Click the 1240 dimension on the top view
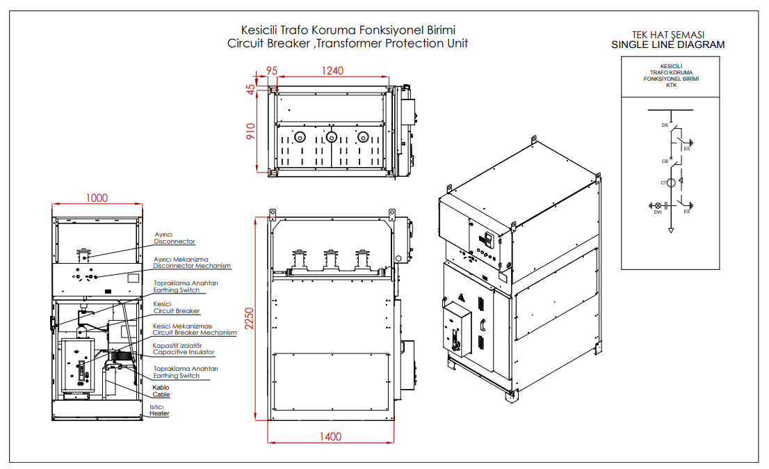tap(333, 70)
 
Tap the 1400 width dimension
tap(330, 436)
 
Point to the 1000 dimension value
tap(97, 198)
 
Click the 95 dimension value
tap(271, 70)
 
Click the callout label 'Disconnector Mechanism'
tap(192, 266)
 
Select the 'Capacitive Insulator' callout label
tap(184, 352)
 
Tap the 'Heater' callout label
tap(159, 413)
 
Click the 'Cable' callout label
tap(161, 395)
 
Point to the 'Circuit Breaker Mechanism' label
tap(195, 333)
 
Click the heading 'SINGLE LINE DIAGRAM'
tap(667, 45)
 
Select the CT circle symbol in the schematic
tap(670, 183)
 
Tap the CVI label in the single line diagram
tap(657, 212)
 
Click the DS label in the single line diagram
tap(665, 125)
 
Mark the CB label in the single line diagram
tap(665, 161)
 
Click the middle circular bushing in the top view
tap(332, 136)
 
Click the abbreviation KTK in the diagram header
tap(671, 86)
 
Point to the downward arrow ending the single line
tap(671, 230)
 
